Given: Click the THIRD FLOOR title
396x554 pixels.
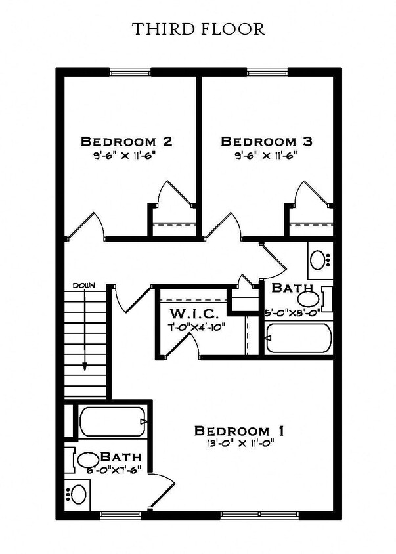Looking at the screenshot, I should (198, 29).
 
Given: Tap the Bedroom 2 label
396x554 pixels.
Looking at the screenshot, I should (126, 141).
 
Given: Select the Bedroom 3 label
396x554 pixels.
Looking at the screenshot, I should (266, 141).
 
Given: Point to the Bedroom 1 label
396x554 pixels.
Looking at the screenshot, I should (239, 431).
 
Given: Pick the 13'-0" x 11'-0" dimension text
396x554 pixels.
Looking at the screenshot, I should (239, 443).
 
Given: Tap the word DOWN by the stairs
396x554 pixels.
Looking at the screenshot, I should (84, 286).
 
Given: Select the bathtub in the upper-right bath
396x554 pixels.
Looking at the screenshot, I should (298, 338).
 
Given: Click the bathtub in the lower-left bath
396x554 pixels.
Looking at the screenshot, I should (112, 422).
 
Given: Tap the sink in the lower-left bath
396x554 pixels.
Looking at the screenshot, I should (78, 493).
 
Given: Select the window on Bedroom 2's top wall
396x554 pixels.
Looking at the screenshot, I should (130, 72).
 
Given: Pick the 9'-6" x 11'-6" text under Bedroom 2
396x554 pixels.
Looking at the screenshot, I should (126, 156).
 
